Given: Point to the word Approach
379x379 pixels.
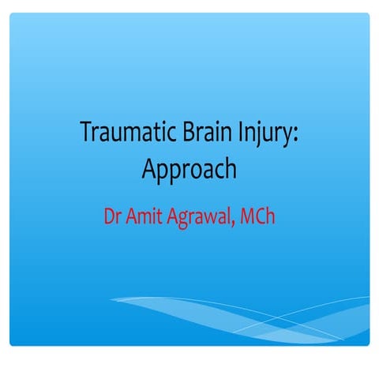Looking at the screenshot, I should pyautogui.click(x=189, y=169).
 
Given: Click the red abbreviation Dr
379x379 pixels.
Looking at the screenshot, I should pyautogui.click(x=113, y=215).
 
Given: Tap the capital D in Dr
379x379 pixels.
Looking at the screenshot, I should pyautogui.click(x=108, y=215).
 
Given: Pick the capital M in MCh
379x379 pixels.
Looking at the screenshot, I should pyautogui.click(x=249, y=215).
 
